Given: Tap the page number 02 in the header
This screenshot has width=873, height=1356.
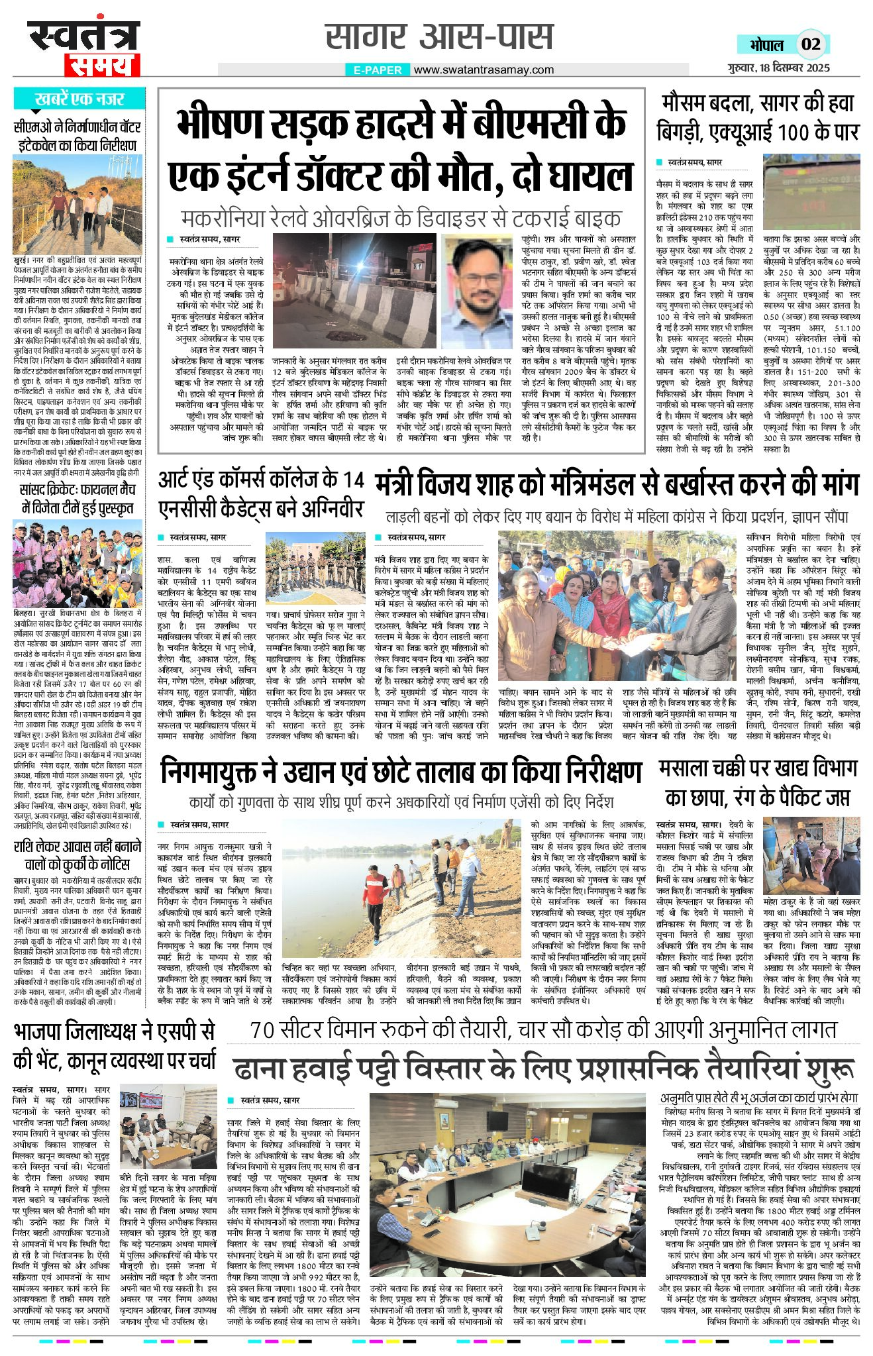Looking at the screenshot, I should tap(811, 44).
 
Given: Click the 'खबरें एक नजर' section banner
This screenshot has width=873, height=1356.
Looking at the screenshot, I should tap(79, 99).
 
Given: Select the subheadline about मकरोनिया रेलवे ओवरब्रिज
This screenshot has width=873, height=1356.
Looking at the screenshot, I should tap(401, 218).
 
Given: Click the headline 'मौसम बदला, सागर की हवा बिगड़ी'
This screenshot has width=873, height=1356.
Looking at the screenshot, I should tap(758, 117).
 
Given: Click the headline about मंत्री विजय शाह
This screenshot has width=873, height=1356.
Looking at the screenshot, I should tap(617, 484).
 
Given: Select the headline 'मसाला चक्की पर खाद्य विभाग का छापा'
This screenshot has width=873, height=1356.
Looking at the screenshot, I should tap(758, 783).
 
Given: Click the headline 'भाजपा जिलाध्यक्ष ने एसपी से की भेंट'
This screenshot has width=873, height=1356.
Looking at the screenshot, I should tap(114, 1046).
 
